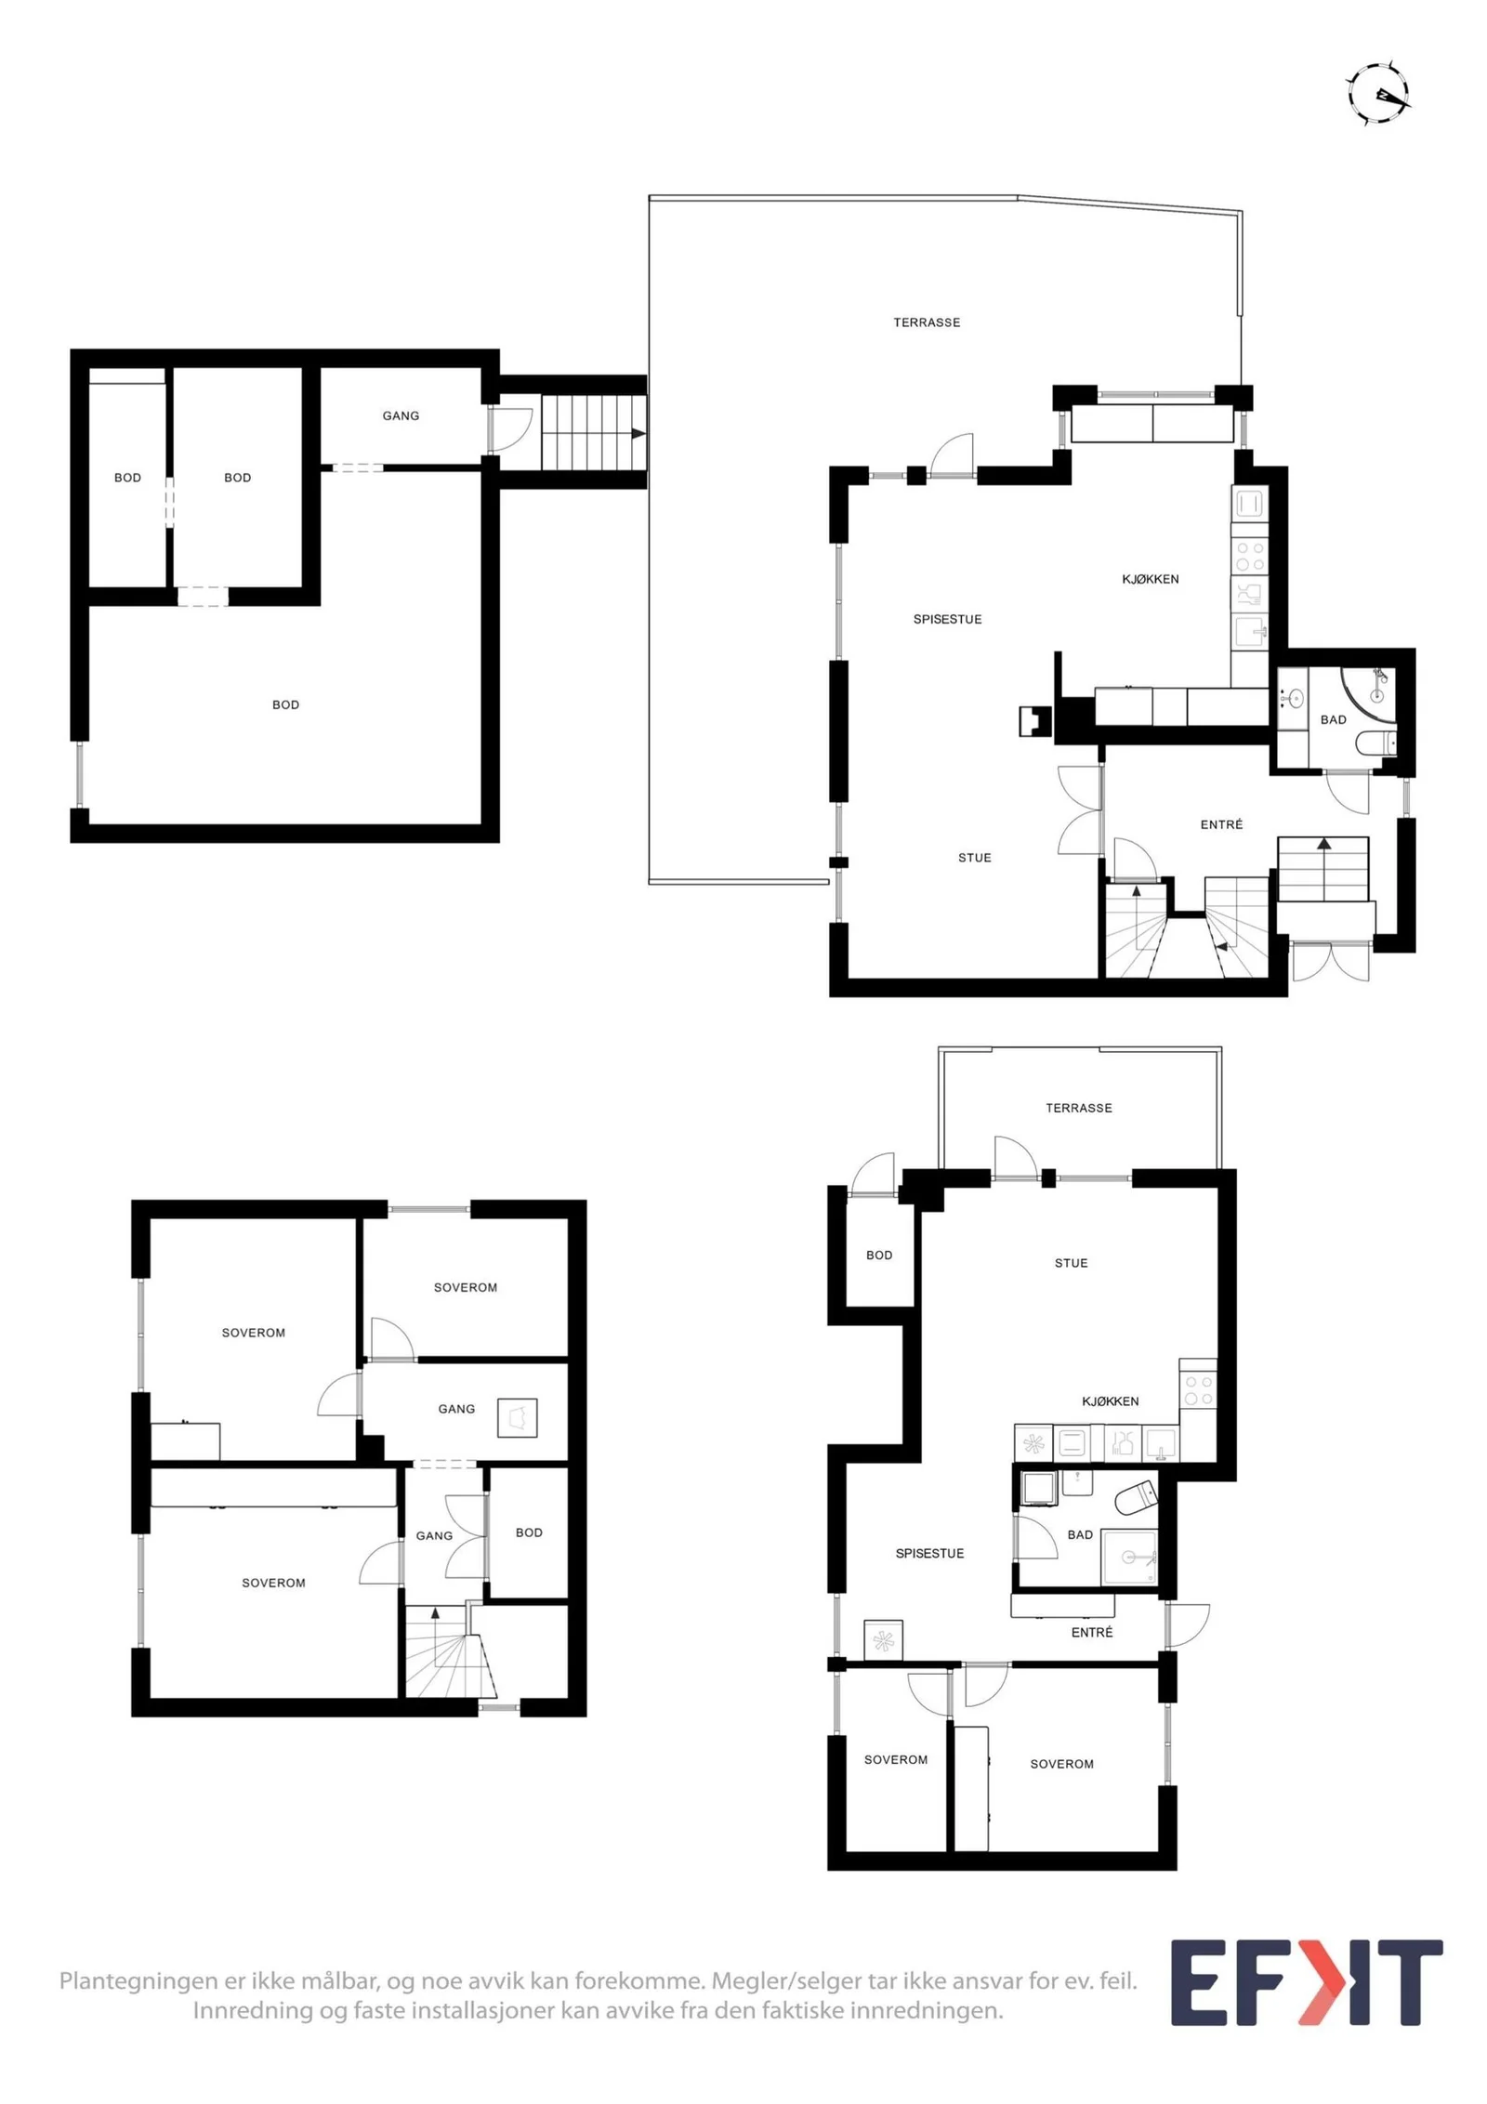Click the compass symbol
click(1378, 94)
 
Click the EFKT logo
click(1306, 1982)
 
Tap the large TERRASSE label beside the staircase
click(927, 322)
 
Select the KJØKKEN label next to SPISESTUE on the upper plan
click(1150, 579)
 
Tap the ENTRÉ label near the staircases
click(1221, 824)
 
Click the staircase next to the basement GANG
click(593, 432)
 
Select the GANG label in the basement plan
click(401, 415)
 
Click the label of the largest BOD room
click(285, 704)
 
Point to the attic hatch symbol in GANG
click(517, 1418)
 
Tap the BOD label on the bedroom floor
click(529, 1532)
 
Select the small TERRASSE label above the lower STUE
click(1078, 1108)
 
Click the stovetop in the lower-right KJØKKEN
click(1198, 1391)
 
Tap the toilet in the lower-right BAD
click(1135, 1497)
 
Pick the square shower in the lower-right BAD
click(1129, 1557)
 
